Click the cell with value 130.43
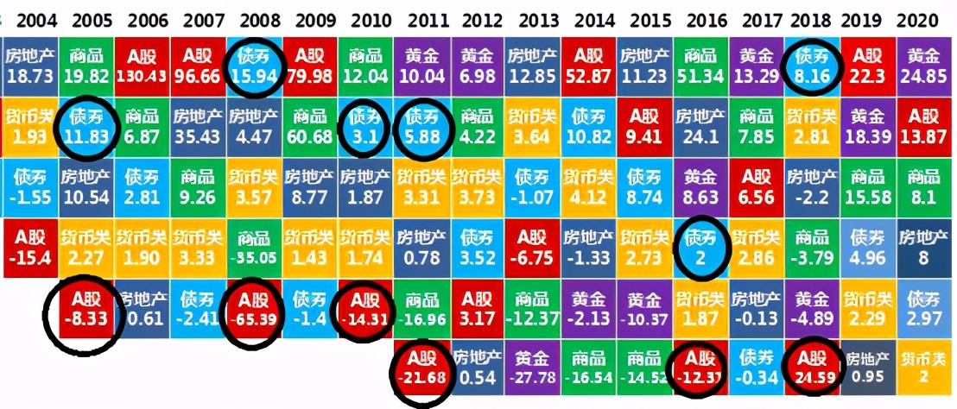(143, 66)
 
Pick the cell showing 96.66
(199, 66)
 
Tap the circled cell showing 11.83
(87, 126)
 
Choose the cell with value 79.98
(310, 66)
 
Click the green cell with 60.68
(310, 126)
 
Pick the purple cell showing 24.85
(924, 66)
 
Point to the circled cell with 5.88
(423, 126)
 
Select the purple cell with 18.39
(867, 126)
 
